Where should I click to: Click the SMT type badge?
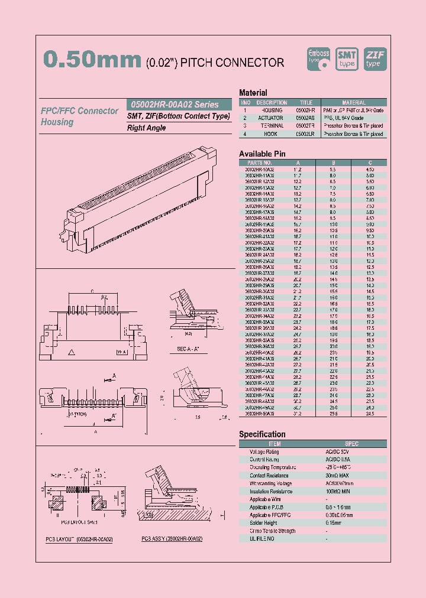[347, 58]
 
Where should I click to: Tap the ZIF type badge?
[374, 58]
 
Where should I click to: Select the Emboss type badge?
[319, 58]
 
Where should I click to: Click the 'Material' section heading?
[253, 93]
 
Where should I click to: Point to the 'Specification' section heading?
[262, 434]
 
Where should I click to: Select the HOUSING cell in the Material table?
[272, 110]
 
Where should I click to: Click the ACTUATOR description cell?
[272, 118]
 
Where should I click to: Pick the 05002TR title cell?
[305, 126]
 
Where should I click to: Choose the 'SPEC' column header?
[351, 444]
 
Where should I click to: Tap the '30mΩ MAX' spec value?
[337, 475]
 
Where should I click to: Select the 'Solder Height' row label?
[263, 523]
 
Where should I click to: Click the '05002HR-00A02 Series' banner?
[173, 104]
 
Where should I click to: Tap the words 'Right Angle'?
[146, 128]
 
